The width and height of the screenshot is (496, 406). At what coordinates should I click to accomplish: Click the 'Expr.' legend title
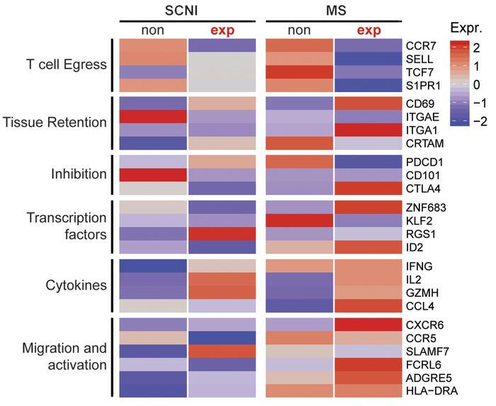pos(466,28)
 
